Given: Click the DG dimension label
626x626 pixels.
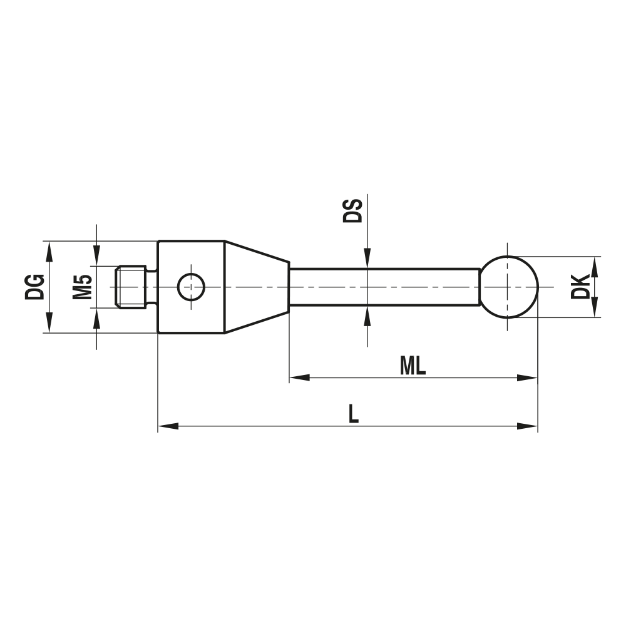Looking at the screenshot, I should [35, 287].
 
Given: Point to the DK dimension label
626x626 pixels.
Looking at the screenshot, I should [580, 287].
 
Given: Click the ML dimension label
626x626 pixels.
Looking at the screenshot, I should [413, 367].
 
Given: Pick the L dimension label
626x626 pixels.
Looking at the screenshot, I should [354, 414].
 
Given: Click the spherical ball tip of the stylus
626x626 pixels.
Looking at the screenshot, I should [510, 287].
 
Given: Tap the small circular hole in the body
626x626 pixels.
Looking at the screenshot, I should [191, 287].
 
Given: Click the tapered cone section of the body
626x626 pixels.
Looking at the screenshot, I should [257, 287].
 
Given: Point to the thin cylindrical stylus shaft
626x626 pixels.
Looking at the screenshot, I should [384, 287].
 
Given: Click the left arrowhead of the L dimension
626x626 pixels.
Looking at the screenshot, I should [168, 426].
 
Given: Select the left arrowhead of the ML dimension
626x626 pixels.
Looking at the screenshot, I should [299, 378].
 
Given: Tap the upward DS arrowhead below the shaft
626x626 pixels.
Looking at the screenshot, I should [367, 316].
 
